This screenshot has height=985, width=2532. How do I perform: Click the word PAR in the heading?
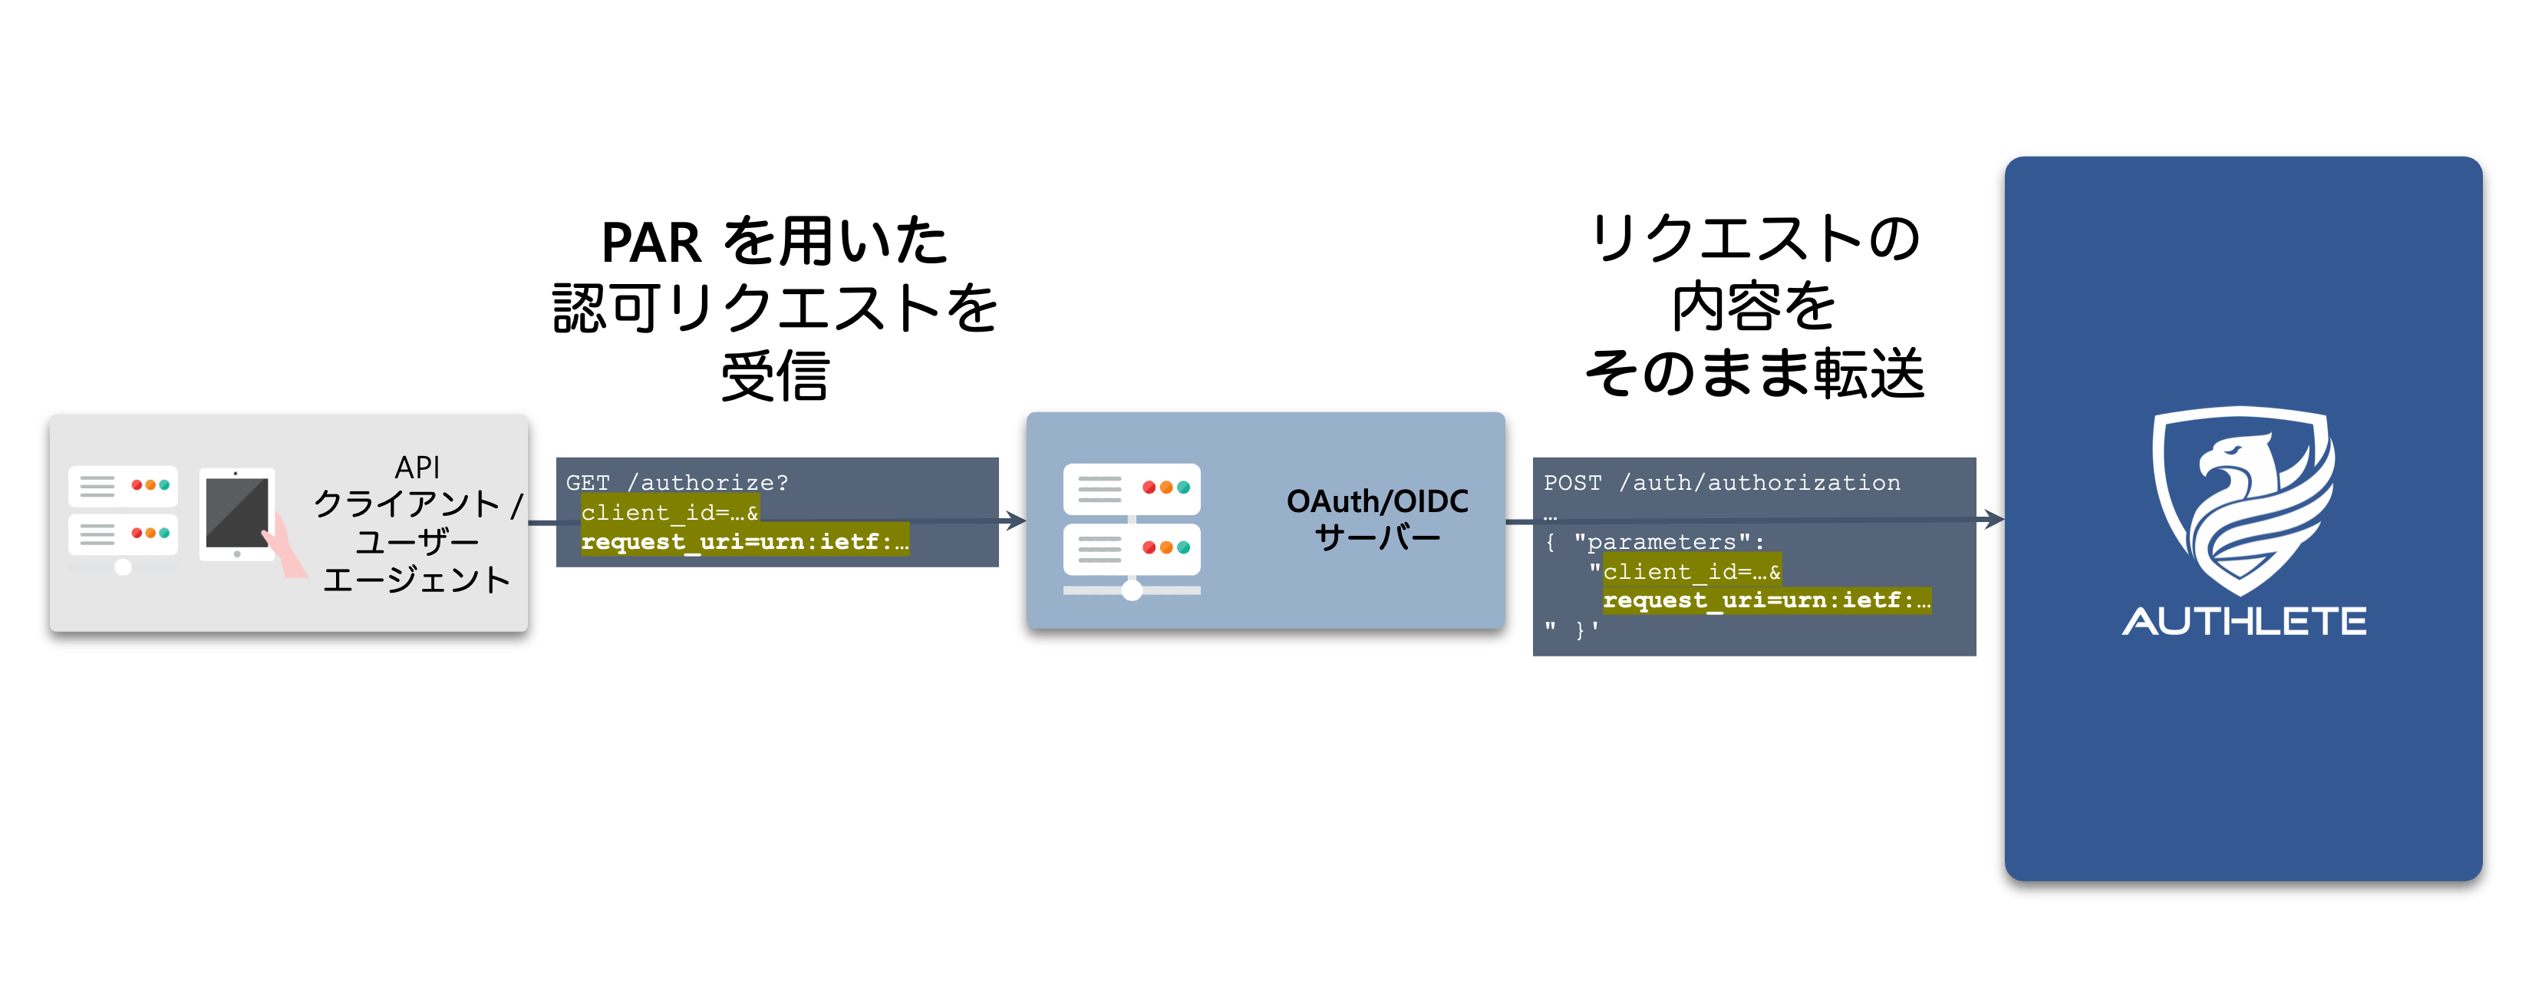pos(651,243)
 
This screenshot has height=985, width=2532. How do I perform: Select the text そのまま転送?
pos(1755,375)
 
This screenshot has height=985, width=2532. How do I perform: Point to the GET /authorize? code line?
pos(678,483)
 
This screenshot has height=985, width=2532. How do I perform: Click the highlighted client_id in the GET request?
pos(669,512)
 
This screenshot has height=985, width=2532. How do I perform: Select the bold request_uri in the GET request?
pos(744,542)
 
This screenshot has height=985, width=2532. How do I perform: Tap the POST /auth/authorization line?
pos(1721,483)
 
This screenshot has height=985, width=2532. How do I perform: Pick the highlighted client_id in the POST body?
pos(1690,571)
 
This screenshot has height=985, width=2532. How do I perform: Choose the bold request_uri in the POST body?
pos(1766,600)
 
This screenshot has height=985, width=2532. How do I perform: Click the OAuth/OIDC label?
pos(1377,501)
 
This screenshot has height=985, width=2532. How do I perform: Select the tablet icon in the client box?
pos(237,514)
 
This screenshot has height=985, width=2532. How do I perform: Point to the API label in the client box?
pos(417,467)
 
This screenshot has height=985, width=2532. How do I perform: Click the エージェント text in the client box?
pos(417,580)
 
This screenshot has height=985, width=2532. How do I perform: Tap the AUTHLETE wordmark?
pos(2244,621)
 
